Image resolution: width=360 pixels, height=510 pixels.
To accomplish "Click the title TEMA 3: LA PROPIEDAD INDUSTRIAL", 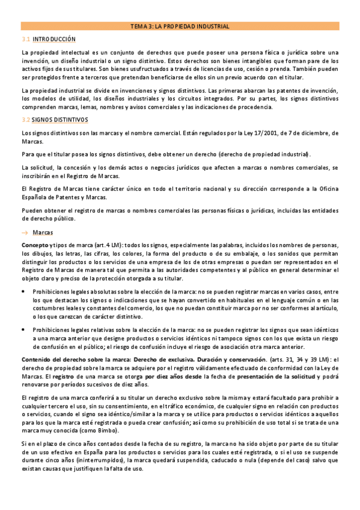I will point(180,26).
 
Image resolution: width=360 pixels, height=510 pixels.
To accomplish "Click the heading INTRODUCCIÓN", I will point(54,38).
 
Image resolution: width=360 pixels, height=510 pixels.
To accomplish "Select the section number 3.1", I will point(26,38).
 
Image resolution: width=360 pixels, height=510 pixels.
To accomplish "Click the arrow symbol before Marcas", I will point(25,232).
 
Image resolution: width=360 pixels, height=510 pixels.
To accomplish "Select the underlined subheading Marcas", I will point(43,232).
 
